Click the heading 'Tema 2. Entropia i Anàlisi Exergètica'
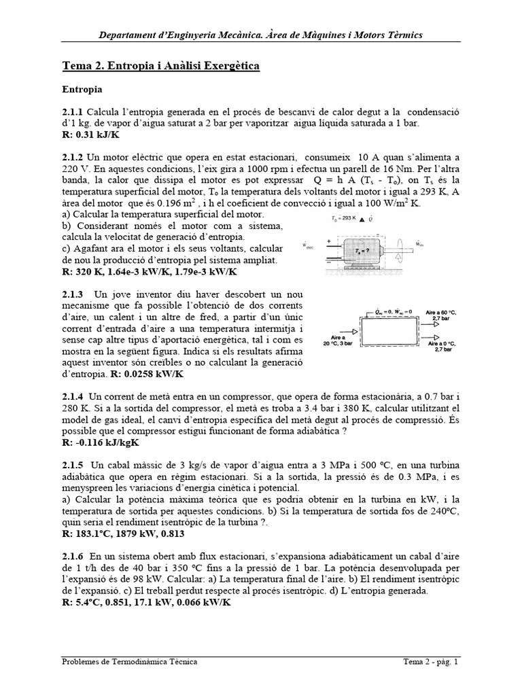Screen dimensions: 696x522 tap(160, 66)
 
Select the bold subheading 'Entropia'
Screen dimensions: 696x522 tap(82, 89)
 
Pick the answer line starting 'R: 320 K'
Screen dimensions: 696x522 tap(149, 273)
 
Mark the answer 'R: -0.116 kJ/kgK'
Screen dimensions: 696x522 tap(101, 442)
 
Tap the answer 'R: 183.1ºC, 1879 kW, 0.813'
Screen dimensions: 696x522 tap(133, 534)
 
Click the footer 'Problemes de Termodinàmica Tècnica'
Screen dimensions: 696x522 tap(130, 661)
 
